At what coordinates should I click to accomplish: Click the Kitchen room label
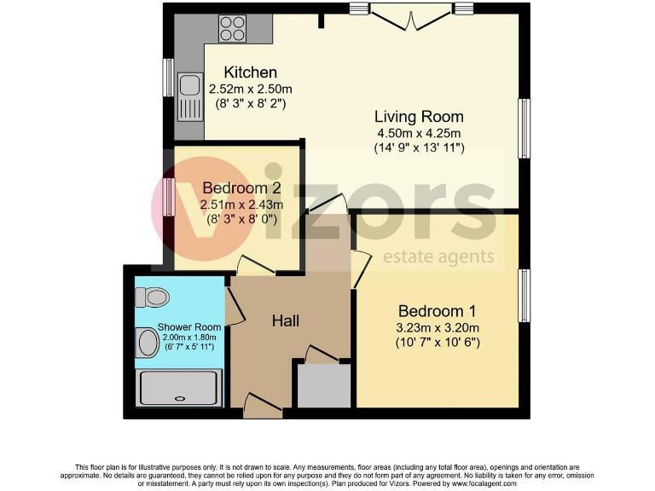tap(250, 72)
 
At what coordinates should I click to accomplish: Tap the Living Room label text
tap(420, 117)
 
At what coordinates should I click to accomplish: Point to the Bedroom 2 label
tap(241, 188)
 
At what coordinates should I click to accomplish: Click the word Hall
tap(285, 321)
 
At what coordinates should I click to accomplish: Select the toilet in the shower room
tap(154, 297)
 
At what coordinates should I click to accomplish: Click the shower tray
tap(180, 386)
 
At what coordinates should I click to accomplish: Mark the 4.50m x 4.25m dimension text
tap(420, 133)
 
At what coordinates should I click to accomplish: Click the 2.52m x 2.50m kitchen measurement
tap(250, 89)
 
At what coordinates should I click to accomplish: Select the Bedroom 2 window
tap(169, 196)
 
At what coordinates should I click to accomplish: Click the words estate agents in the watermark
tap(438, 257)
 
